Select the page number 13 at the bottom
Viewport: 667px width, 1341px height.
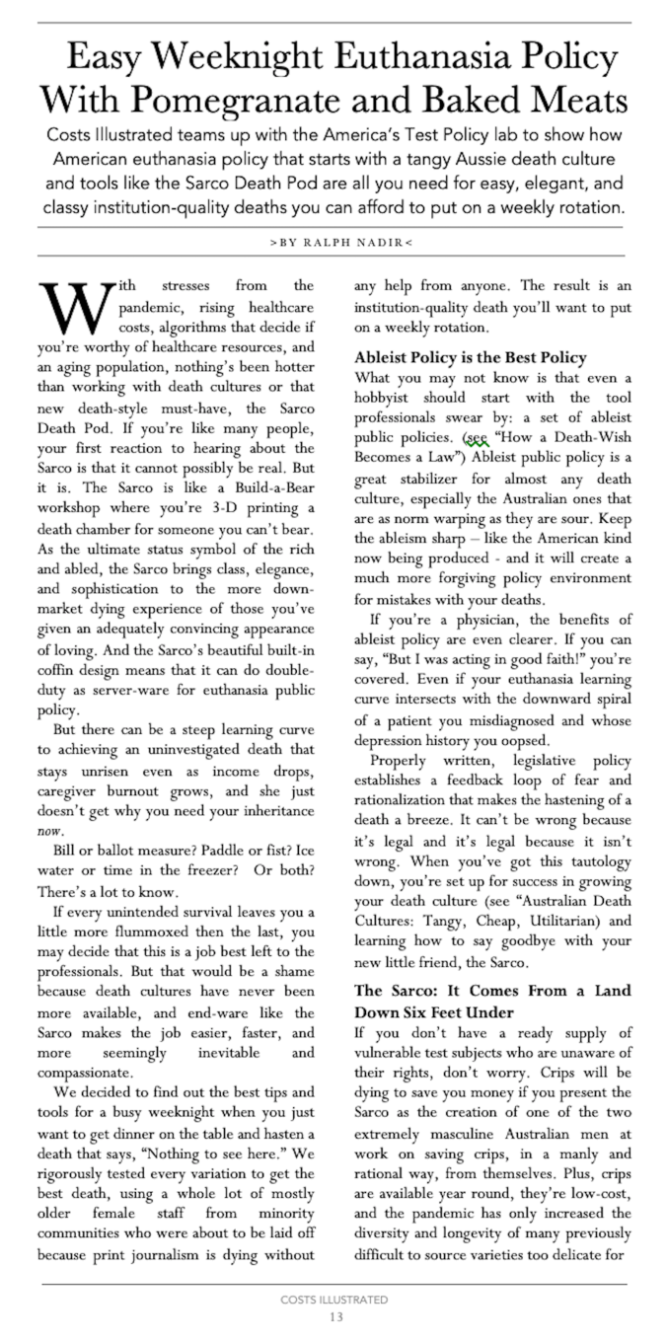(x=333, y=1316)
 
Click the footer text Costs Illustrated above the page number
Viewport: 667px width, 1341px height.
(x=333, y=1300)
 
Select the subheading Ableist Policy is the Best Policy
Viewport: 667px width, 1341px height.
(x=471, y=357)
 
